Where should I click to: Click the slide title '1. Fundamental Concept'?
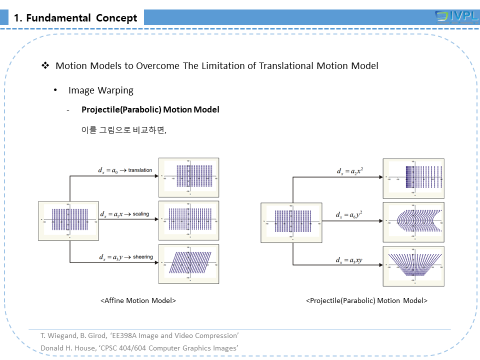coord(75,18)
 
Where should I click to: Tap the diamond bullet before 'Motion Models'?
coord(45,65)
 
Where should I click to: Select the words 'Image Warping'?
coord(101,90)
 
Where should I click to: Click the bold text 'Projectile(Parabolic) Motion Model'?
coord(150,109)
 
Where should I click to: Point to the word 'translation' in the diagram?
coord(140,170)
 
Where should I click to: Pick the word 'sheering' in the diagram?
coord(143,257)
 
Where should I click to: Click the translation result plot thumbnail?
coord(188,177)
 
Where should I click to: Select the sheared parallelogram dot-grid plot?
coord(188,263)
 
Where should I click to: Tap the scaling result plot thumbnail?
coord(188,220)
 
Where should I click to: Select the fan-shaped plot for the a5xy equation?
coord(413,266)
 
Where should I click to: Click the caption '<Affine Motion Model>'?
coord(138,300)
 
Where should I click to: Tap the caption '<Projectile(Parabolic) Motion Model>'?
coord(366,300)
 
